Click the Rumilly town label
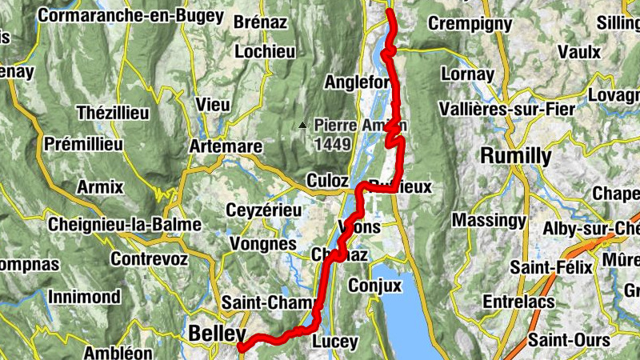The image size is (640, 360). point(515,156)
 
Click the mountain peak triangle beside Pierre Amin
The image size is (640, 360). point(302,126)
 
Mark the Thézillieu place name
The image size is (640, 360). point(112,113)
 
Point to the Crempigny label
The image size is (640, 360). point(470,23)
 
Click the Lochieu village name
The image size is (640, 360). point(265,52)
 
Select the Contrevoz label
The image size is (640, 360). point(150,259)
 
